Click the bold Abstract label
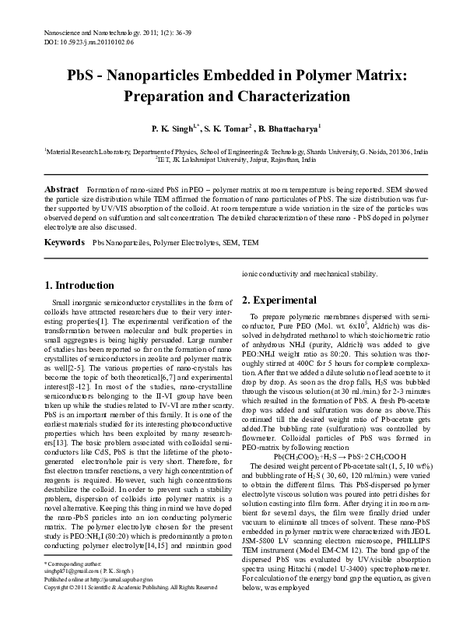62,190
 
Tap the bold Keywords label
65,243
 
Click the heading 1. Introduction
79,286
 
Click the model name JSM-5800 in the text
261,538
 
